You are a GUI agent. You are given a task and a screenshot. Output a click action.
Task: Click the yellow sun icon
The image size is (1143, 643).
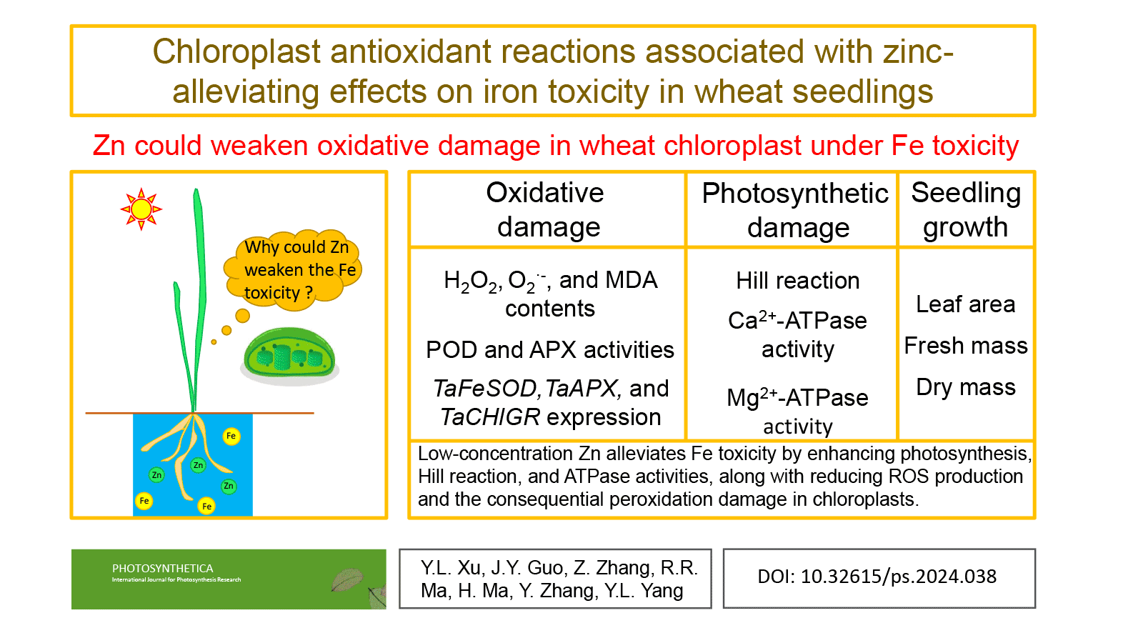pyautogui.click(x=141, y=209)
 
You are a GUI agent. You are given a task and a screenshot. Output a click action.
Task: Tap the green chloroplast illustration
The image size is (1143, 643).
pyautogui.click(x=289, y=354)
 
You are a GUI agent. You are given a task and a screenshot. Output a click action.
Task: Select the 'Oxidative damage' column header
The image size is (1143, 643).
pyautogui.click(x=546, y=209)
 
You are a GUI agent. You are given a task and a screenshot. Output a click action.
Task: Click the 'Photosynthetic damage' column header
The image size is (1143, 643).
pyautogui.click(x=795, y=210)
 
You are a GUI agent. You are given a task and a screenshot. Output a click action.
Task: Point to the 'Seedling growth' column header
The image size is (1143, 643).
pyautogui.click(x=966, y=209)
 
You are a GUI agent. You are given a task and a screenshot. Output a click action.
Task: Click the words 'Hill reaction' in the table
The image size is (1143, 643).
pyautogui.click(x=797, y=281)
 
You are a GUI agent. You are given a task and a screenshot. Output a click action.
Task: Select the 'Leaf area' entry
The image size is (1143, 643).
pyautogui.click(x=965, y=304)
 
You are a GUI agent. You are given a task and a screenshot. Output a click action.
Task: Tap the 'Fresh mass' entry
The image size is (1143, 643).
pyautogui.click(x=965, y=346)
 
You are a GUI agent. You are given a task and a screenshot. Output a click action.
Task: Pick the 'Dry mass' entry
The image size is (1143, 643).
pyautogui.click(x=965, y=387)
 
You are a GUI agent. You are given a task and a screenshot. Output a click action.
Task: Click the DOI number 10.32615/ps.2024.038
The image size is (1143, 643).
pyautogui.click(x=898, y=577)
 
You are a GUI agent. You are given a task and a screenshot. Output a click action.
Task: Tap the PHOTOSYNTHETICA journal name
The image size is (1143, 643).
pyautogui.click(x=162, y=569)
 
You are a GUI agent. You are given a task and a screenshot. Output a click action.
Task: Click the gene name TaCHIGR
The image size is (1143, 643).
pyautogui.click(x=490, y=417)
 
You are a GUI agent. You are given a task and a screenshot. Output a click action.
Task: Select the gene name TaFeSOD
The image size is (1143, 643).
pyautogui.click(x=486, y=389)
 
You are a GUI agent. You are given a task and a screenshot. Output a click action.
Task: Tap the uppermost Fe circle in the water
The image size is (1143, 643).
pyautogui.click(x=231, y=436)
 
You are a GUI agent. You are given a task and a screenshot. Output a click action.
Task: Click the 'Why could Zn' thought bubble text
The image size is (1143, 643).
pyautogui.click(x=296, y=247)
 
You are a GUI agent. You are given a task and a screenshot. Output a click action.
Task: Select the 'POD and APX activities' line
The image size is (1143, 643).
pyautogui.click(x=549, y=350)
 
